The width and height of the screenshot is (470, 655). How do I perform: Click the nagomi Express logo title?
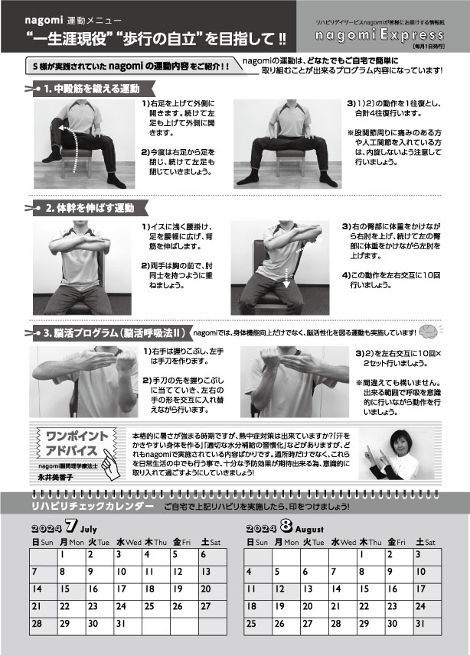tap(379, 34)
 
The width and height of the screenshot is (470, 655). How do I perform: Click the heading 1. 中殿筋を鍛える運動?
tap(92, 89)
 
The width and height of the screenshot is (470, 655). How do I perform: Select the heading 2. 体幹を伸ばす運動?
tap(90, 208)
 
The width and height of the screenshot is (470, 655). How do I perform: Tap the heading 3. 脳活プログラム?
tap(114, 333)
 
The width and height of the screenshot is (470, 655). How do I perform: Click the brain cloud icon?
tap(429, 331)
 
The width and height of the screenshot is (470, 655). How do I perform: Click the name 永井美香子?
tap(55, 477)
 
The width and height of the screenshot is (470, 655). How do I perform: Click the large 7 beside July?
tap(71, 526)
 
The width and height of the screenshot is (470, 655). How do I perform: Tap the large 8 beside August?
tap(286, 526)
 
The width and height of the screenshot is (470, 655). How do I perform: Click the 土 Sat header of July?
tap(211, 542)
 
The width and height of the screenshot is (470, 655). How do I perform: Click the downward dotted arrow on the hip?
tap(286, 277)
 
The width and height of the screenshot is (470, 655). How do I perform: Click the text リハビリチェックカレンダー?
tap(93, 506)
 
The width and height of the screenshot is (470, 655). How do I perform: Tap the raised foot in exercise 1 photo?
tap(52, 157)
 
